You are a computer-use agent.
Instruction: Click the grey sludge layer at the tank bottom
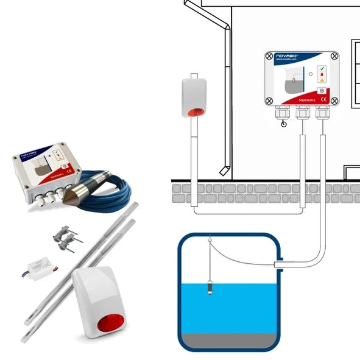click(228, 339)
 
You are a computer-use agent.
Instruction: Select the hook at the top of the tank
click(210, 242)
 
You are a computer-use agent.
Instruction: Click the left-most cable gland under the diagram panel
click(283, 113)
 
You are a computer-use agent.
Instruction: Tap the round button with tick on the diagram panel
click(322, 90)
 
